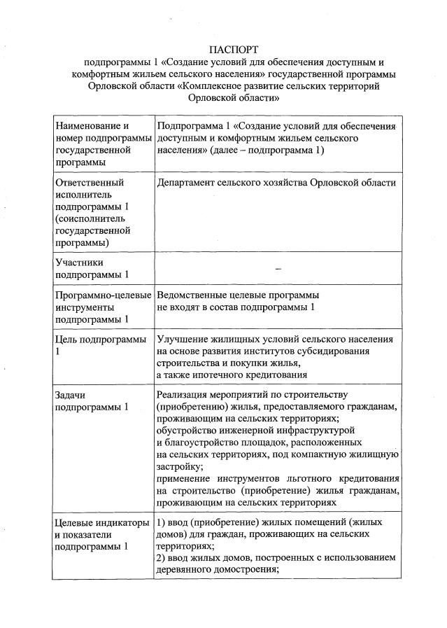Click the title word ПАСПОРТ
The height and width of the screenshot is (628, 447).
(x=234, y=50)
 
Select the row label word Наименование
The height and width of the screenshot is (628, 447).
(x=87, y=126)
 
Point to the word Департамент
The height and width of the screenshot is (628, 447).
(x=189, y=183)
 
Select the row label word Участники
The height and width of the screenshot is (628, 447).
(x=78, y=263)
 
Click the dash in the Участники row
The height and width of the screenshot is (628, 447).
(x=278, y=269)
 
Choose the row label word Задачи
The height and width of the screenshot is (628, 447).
(x=70, y=395)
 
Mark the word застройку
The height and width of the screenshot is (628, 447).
(x=180, y=466)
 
